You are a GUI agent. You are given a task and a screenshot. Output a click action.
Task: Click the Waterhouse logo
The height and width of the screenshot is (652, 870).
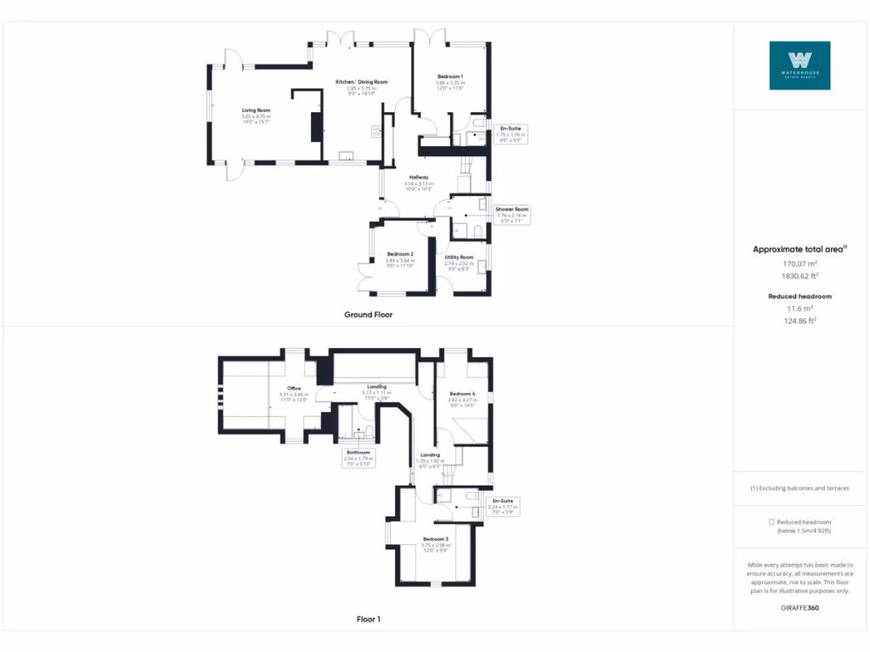(x=799, y=65)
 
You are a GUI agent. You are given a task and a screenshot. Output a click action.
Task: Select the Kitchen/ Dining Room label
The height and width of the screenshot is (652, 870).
(x=361, y=81)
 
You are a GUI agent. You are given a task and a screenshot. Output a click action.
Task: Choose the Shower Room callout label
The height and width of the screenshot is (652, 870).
(x=511, y=209)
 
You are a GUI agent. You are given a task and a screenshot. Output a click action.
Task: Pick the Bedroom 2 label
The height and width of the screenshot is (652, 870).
(x=399, y=255)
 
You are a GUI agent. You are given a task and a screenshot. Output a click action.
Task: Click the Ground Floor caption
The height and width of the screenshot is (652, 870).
(x=368, y=314)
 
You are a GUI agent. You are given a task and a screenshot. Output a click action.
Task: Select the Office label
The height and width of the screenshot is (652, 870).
(x=294, y=389)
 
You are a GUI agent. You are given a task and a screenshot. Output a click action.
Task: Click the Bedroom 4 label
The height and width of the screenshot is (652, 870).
(x=462, y=394)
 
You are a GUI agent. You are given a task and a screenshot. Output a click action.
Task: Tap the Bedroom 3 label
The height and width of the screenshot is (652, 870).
(x=435, y=539)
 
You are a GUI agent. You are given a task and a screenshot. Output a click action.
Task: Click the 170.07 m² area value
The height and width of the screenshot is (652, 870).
(x=799, y=264)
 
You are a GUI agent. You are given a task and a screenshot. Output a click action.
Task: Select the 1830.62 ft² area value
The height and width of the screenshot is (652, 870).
(x=799, y=276)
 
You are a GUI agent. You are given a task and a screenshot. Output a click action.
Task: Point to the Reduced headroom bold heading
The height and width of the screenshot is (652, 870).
(x=799, y=296)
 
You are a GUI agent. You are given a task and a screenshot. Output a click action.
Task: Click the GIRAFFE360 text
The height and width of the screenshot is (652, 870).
(x=799, y=608)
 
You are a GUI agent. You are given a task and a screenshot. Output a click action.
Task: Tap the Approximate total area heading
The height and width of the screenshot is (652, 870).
(x=799, y=249)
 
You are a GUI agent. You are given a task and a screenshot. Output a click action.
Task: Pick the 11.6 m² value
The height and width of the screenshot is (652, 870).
(x=799, y=308)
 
